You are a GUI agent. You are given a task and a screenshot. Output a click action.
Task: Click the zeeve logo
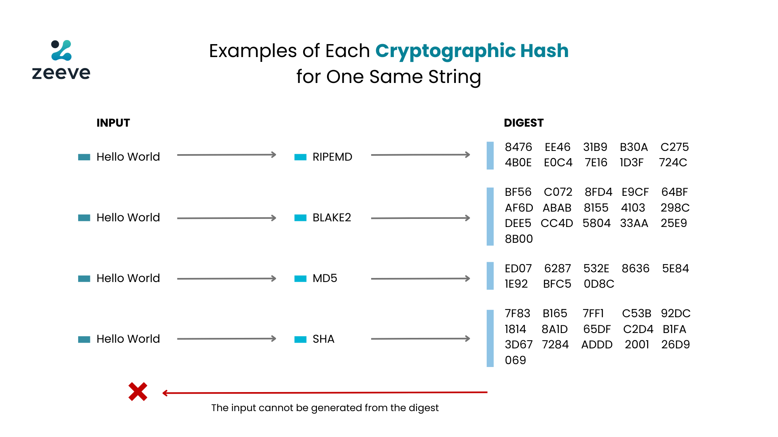[x=61, y=59]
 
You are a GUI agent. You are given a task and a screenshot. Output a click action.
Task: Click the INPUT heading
[x=113, y=123]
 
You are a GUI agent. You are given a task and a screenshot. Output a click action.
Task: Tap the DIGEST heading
[x=524, y=123]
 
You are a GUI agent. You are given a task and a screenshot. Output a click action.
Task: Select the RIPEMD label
[x=332, y=157]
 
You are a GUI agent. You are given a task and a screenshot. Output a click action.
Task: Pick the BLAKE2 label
[x=331, y=218]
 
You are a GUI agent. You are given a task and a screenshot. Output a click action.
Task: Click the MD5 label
[x=325, y=278]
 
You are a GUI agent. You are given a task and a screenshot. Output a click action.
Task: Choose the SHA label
[x=323, y=339]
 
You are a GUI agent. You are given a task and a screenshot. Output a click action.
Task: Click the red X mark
[x=138, y=392]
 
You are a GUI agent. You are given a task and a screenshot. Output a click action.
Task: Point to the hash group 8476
[x=518, y=147]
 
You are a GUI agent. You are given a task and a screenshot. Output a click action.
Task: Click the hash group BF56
[x=518, y=192]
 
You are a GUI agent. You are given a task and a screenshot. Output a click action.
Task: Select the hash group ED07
[x=518, y=269]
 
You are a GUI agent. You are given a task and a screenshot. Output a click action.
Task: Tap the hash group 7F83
[x=517, y=314]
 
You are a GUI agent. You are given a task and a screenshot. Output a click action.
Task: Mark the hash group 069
[x=515, y=360]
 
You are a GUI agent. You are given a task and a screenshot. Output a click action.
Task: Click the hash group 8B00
[x=519, y=239]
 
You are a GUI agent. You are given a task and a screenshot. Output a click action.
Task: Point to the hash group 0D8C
[x=599, y=284]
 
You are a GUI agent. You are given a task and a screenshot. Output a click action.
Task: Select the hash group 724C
[x=673, y=163]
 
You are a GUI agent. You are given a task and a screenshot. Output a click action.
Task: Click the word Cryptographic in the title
[x=445, y=51]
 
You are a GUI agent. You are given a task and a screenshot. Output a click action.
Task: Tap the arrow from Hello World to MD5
[x=227, y=278]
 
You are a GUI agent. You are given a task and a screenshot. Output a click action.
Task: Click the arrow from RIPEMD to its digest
[x=421, y=155]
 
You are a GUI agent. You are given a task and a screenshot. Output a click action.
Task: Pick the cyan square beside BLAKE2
[x=300, y=218]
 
